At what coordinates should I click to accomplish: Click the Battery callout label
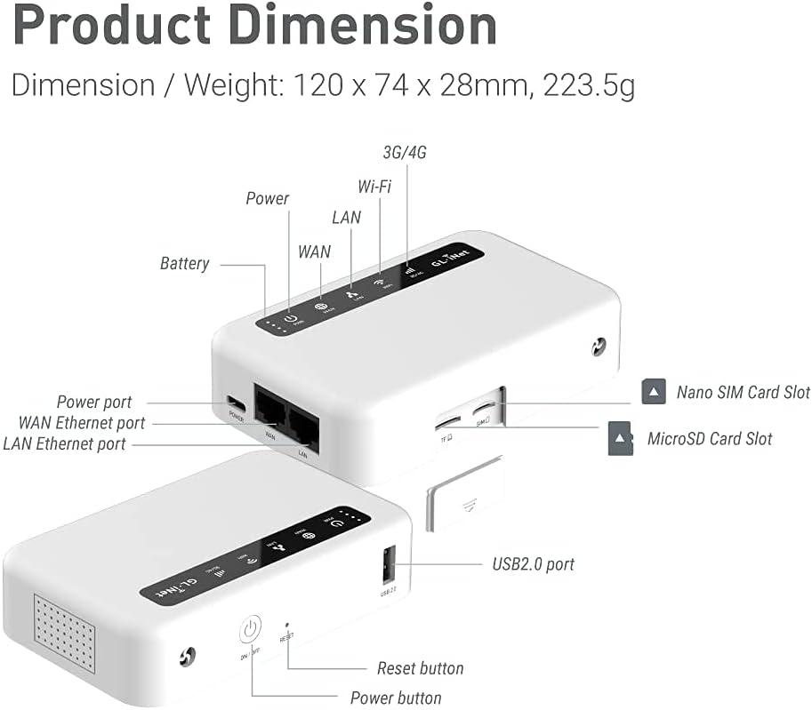click(x=184, y=263)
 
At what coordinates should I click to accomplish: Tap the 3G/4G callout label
click(x=404, y=152)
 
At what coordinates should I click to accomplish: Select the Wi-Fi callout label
click(x=374, y=186)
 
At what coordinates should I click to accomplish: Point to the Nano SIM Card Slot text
click(x=743, y=392)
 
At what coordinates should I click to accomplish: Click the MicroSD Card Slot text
click(x=709, y=438)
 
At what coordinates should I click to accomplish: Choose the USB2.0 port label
click(x=533, y=563)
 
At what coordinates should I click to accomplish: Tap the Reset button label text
click(x=420, y=668)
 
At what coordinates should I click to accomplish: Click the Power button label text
click(x=395, y=698)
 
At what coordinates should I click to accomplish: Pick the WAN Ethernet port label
click(x=82, y=423)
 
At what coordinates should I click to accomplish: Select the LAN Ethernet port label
click(x=64, y=443)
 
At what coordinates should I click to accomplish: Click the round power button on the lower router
click(x=251, y=629)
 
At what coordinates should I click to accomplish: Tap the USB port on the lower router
click(x=389, y=565)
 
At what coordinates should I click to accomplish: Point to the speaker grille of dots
click(x=64, y=634)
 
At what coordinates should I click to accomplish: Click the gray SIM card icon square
click(x=654, y=392)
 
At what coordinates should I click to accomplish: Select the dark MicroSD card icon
click(x=620, y=439)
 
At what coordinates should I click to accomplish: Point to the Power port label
click(x=93, y=403)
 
